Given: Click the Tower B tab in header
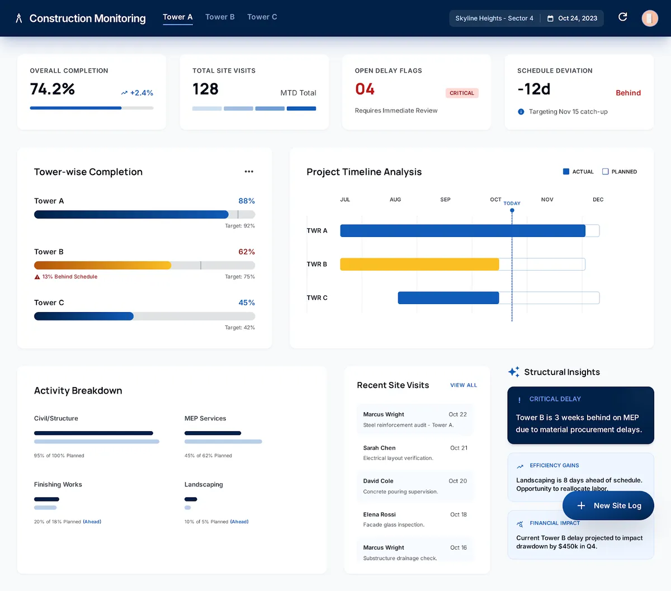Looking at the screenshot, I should (220, 17).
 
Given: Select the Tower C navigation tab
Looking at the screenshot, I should (262, 17).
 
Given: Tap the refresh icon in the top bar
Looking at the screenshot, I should (622, 17).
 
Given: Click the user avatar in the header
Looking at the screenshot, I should (649, 18).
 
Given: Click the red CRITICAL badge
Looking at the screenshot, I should (461, 93).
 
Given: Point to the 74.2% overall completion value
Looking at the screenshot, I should (53, 89).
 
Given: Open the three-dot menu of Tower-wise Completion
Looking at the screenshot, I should (249, 172).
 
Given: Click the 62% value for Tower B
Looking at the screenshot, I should (247, 252).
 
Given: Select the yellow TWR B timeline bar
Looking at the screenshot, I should (419, 264).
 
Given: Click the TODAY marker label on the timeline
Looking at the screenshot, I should (512, 204).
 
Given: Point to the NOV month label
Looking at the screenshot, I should (547, 200).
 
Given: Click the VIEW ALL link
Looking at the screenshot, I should (464, 385).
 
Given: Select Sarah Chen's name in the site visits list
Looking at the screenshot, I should (379, 448).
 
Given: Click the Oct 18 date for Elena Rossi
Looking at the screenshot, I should (459, 514).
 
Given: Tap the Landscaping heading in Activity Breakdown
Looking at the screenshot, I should (204, 485).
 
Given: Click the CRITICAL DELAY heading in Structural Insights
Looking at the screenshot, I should (555, 399).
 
